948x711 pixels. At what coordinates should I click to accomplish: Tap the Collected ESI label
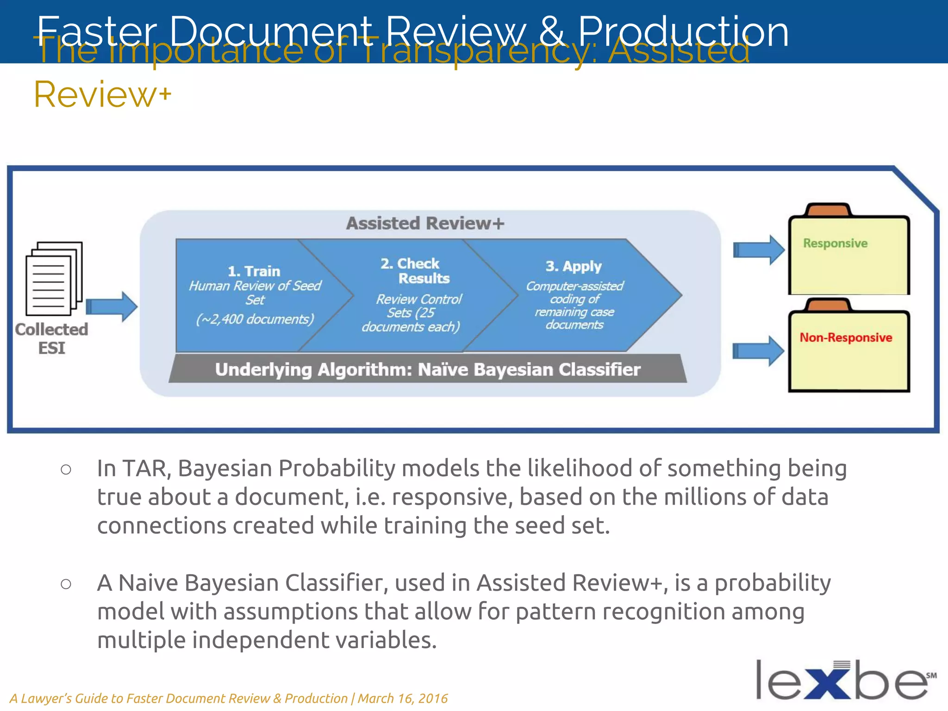pos(51,338)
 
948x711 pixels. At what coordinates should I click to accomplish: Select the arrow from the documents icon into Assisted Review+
pos(112,306)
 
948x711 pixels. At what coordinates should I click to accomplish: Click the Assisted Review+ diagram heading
pos(425,224)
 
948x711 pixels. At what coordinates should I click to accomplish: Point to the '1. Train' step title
pos(254,271)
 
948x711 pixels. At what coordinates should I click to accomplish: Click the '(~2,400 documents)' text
pos(255,319)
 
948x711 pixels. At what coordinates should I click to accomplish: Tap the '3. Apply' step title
pos(573,267)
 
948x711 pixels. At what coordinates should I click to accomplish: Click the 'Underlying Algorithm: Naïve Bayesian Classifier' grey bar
pos(428,369)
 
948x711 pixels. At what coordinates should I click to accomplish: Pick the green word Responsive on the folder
pos(835,243)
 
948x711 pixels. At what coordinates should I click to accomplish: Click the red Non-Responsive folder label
pos(846,337)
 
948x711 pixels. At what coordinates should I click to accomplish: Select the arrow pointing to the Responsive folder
pos(758,250)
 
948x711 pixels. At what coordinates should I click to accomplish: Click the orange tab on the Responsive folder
pos(828,210)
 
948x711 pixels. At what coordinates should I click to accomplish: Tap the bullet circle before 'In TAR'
pos(66,469)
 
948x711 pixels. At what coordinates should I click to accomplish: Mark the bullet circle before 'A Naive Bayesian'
pos(66,584)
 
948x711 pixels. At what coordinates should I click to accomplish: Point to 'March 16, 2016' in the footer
pos(403,698)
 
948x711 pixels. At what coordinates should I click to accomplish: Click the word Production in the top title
pos(683,31)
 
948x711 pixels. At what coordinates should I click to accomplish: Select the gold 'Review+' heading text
pos(102,94)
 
